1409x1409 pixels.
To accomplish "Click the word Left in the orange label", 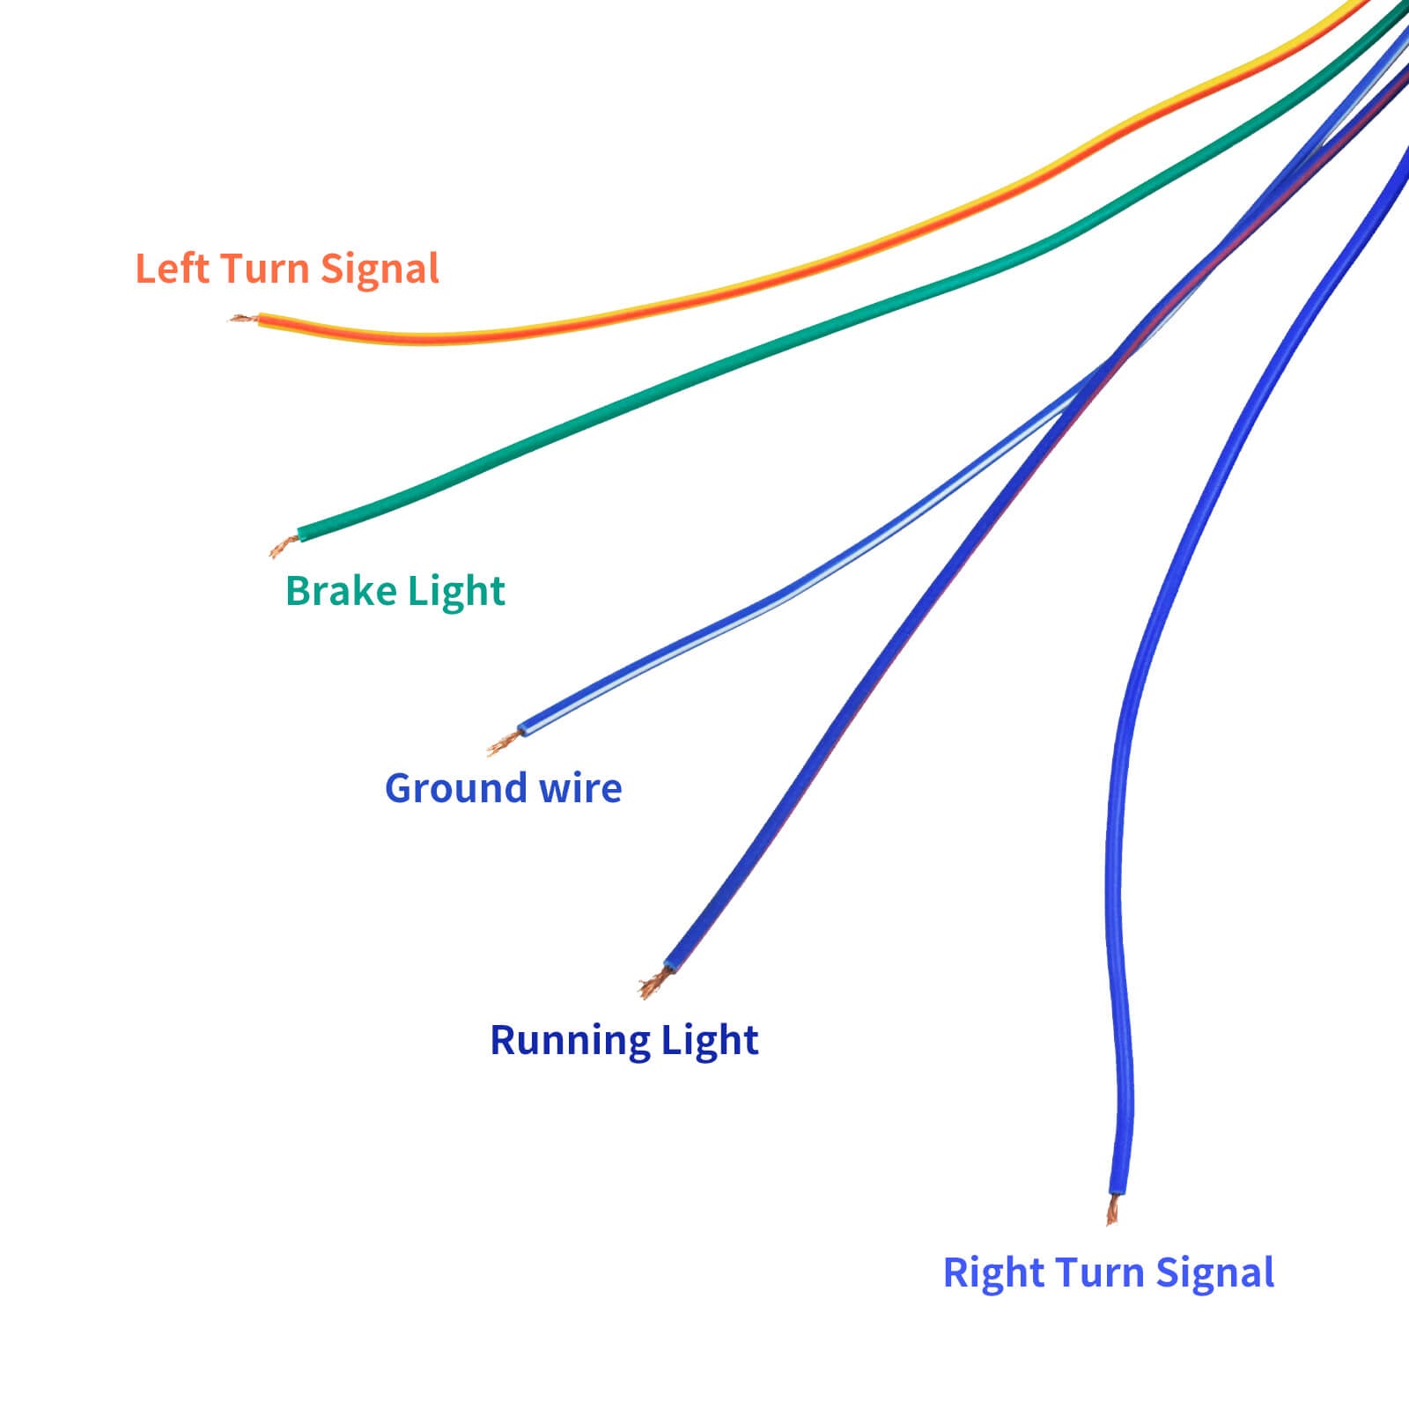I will click(172, 269).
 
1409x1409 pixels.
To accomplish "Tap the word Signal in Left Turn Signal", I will click(380, 269).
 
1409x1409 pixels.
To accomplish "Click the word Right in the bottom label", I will click(992, 1273).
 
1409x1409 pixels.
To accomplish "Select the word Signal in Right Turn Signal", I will click(1214, 1273).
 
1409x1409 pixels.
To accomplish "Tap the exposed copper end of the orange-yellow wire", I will click(243, 318).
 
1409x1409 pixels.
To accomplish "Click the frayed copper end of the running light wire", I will click(652, 984).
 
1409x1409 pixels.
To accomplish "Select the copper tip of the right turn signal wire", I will click(1113, 1210).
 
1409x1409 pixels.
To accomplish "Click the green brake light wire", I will click(704, 370).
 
